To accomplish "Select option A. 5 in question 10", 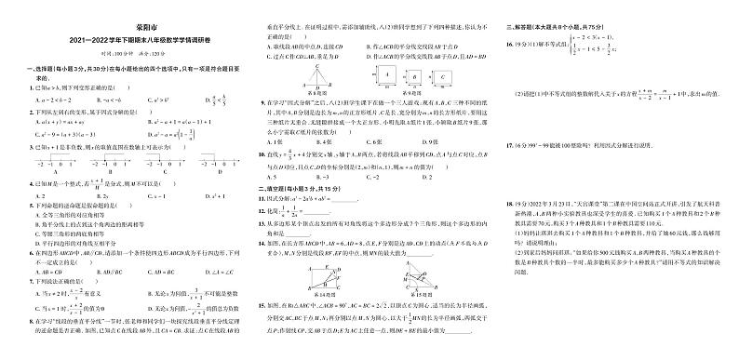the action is [271, 174].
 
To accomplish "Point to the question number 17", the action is [508, 145].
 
